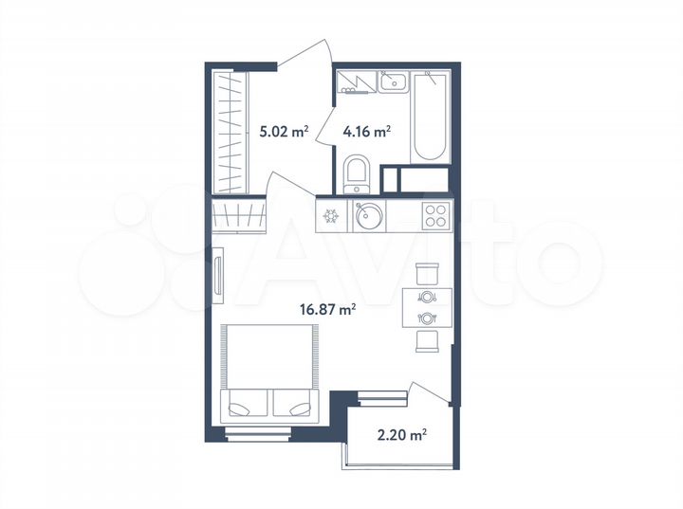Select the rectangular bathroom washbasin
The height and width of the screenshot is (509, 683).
pos(392,82)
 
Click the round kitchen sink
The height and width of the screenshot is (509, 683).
pos(368,216)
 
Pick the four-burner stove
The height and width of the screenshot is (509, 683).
pos(435,215)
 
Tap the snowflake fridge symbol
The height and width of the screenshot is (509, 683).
pos(332,216)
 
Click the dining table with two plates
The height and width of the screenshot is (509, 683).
pos(426,307)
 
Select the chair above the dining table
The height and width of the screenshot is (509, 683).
pos(426,273)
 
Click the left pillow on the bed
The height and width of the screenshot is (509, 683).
pos(247,405)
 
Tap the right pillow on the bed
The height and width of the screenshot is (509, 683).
pos(294,405)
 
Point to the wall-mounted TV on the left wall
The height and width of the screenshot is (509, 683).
pos(217,278)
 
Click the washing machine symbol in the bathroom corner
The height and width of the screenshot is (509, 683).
pos(357,82)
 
